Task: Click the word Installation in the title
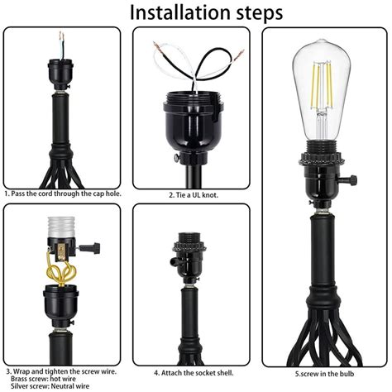tap(163, 13)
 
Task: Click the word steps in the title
tap(252, 13)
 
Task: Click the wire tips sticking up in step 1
tap(60, 40)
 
